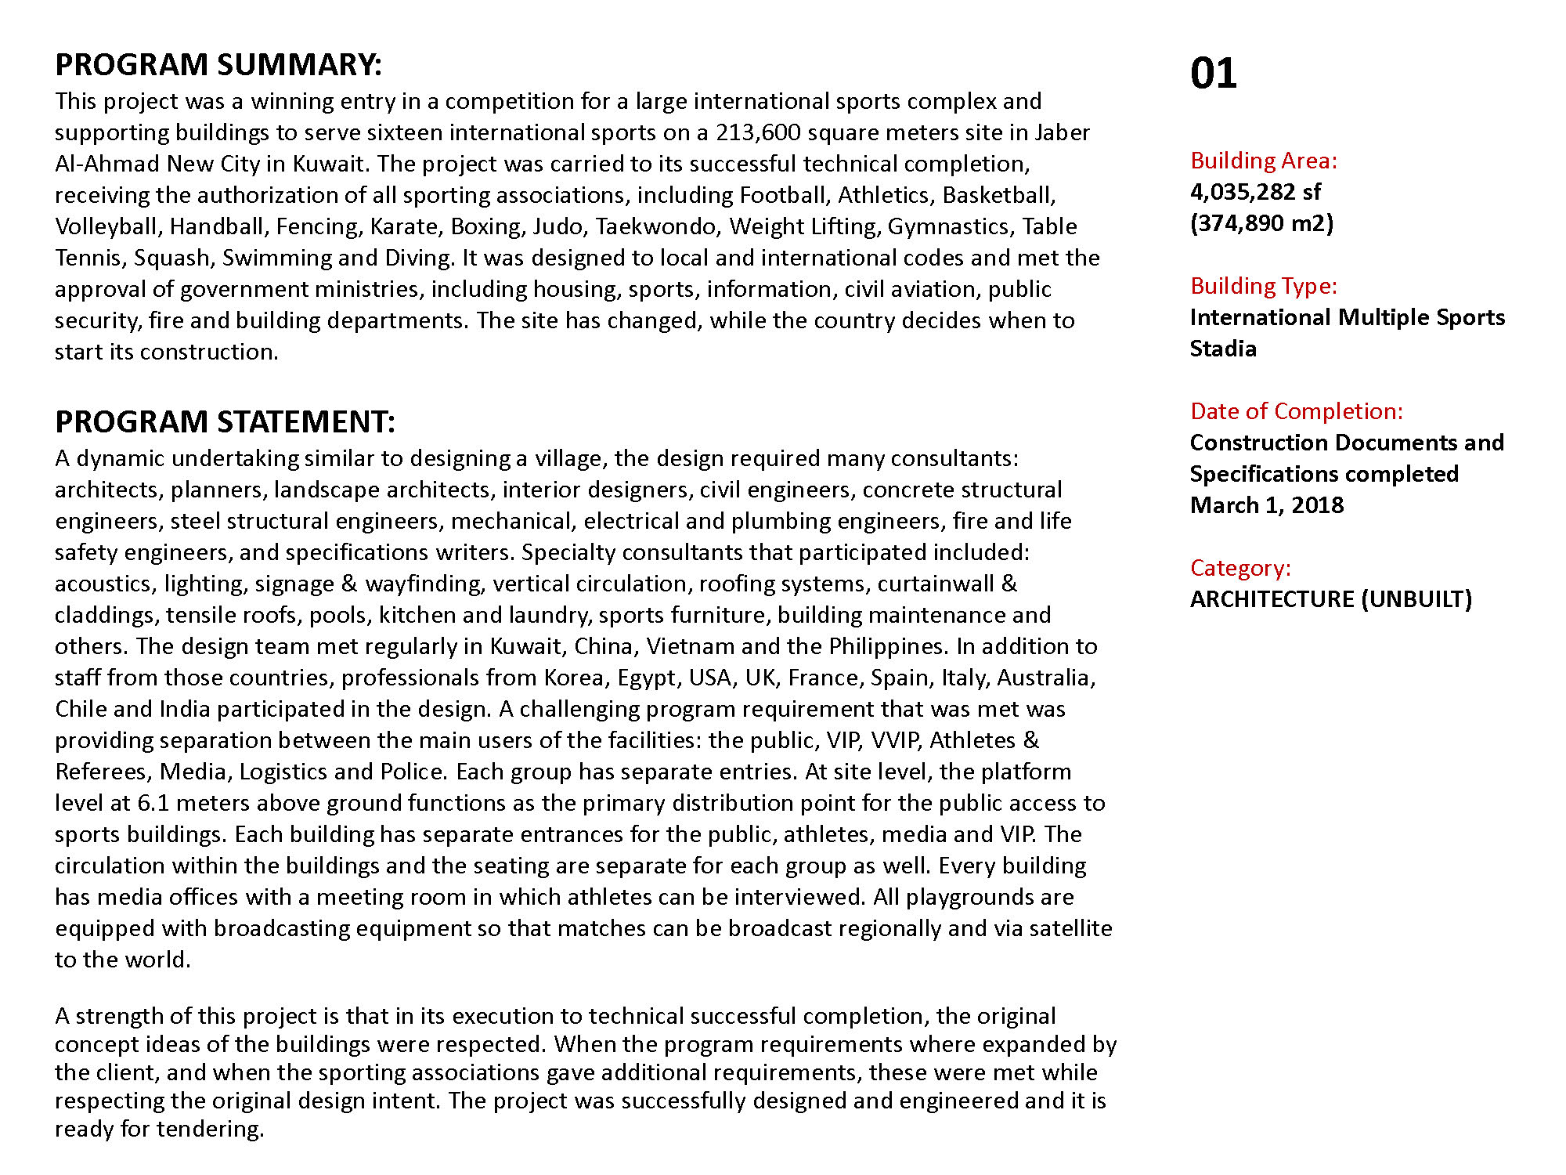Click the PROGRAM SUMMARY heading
218,65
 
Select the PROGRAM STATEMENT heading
225,422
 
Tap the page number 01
1213,74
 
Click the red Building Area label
1263,161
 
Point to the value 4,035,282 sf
1254,192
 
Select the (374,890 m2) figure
1261,223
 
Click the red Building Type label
1263,286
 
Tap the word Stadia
1222,349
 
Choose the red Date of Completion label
1296,411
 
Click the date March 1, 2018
1266,505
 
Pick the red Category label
1240,568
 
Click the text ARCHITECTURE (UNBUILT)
1330,599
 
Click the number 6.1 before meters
153,803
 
